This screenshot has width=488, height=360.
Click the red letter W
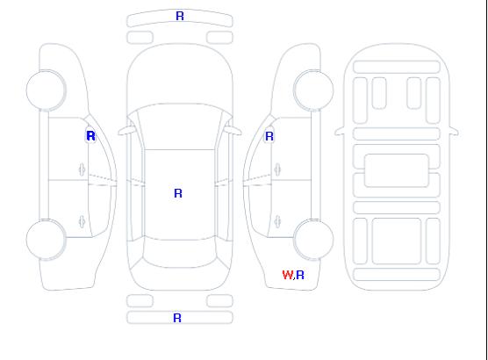[288, 275]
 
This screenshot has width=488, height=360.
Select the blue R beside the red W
[300, 275]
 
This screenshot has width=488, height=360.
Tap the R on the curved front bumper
[180, 16]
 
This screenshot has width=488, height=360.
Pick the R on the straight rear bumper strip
[177, 318]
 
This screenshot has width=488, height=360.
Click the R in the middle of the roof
[178, 193]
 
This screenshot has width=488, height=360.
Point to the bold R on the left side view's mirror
[90, 136]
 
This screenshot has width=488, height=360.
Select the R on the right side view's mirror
[269, 136]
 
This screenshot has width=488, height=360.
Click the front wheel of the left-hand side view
[46, 90]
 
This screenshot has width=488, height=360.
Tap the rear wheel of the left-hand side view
[46, 240]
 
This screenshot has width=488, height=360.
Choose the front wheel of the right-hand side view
[313, 90]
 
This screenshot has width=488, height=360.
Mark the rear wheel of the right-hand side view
[313, 240]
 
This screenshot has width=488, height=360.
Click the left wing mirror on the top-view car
[126, 131]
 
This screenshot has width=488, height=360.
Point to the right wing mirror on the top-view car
[233, 131]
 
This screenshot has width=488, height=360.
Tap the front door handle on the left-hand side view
[82, 170]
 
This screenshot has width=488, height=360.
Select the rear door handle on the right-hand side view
[277, 222]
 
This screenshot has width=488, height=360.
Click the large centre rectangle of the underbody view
[397, 170]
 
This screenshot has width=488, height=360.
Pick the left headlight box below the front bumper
[140, 38]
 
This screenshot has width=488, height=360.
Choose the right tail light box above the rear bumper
[219, 301]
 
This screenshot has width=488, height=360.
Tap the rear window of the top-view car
[180, 253]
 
